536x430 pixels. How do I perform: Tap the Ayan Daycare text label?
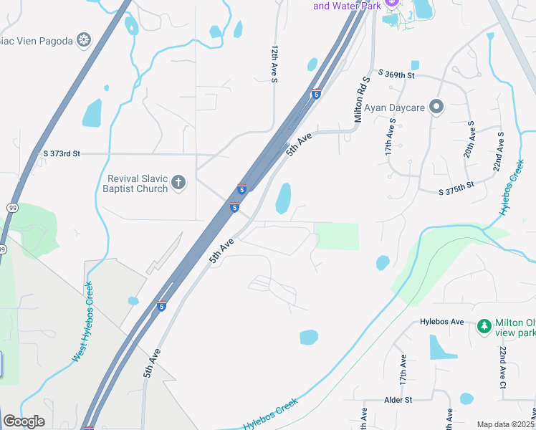(x=396, y=108)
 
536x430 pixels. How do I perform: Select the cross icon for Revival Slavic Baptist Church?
(x=178, y=183)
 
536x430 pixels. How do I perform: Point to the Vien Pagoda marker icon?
(x=85, y=40)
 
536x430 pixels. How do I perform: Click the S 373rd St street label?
(x=62, y=153)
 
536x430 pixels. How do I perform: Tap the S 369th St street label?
(x=393, y=74)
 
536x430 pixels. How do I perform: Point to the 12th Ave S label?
(x=274, y=64)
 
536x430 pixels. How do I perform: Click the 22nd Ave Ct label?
(x=504, y=368)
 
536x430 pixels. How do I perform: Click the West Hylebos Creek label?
(x=83, y=322)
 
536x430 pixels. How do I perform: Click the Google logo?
(x=24, y=421)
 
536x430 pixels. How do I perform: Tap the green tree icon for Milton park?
(x=484, y=327)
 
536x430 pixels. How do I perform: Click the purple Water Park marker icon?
(x=391, y=4)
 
